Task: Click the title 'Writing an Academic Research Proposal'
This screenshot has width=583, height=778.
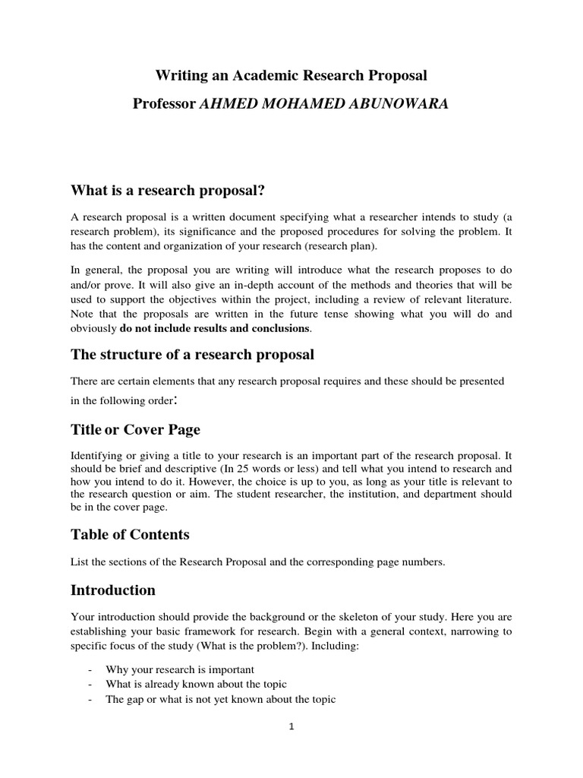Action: point(291,75)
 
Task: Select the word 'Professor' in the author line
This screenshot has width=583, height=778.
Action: point(164,104)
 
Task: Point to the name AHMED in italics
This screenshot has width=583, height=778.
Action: point(226,104)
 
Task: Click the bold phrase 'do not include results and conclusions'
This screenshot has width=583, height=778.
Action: point(215,328)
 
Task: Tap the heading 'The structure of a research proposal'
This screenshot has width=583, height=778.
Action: point(192,355)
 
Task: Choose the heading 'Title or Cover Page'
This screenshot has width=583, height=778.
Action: point(135,429)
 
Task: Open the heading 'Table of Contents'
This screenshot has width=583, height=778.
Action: point(130,534)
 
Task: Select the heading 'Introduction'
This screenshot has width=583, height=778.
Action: point(113,590)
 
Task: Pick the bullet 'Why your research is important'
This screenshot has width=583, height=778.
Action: point(179,669)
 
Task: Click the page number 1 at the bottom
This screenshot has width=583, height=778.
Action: point(291,726)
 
